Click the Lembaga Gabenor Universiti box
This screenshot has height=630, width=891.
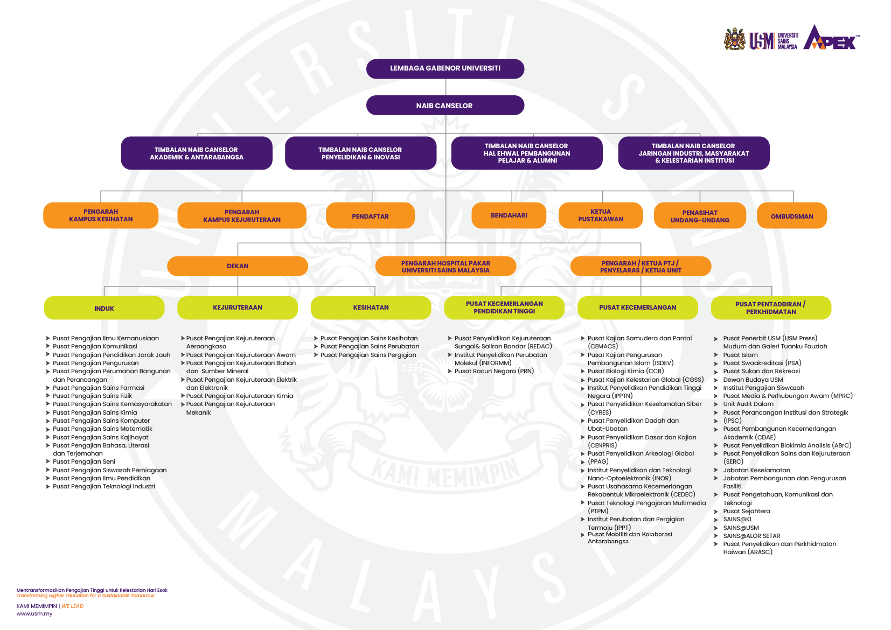click(445, 69)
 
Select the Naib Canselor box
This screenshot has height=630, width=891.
click(445, 106)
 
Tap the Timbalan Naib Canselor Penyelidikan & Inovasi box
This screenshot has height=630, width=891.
click(360, 153)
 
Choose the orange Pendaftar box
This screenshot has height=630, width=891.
click(370, 215)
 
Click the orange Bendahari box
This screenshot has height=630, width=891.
click(509, 215)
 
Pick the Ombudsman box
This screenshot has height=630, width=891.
click(791, 215)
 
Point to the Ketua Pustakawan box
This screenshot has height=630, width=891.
click(601, 215)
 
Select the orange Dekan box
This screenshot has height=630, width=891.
click(238, 266)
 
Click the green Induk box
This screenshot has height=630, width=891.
click(104, 307)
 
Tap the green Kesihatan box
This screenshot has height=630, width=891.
click(371, 307)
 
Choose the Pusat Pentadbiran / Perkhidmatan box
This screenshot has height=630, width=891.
click(771, 307)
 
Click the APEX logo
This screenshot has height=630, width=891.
click(831, 38)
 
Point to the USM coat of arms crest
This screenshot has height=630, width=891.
click(734, 39)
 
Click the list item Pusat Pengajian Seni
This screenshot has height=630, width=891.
click(84, 461)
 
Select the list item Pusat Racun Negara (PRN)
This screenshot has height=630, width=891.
click(494, 371)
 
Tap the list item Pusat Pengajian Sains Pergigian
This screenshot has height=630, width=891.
click(368, 355)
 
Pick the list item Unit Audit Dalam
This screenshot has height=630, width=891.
click(748, 404)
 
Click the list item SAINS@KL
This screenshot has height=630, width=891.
click(737, 519)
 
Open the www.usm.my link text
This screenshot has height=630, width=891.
click(34, 614)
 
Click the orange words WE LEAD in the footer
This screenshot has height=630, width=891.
click(72, 606)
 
